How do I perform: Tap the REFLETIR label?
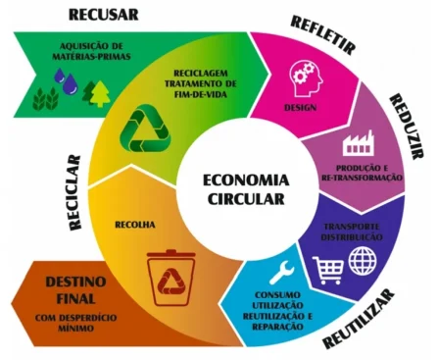324,35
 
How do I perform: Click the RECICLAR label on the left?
74,191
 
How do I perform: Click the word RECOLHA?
133,223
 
